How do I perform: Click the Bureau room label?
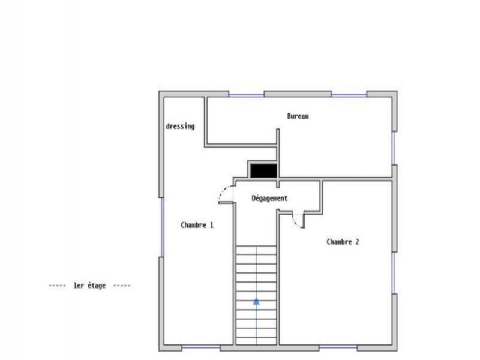pyautogui.click(x=298, y=116)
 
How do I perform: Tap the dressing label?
pyautogui.click(x=180, y=127)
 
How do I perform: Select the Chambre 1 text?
pyautogui.click(x=197, y=225)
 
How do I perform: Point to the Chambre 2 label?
pyautogui.click(x=343, y=242)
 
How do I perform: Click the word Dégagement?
pyautogui.click(x=269, y=198)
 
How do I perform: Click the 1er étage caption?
pyautogui.click(x=89, y=286)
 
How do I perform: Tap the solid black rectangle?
pyautogui.click(x=263, y=171)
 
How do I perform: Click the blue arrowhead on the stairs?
pyautogui.click(x=256, y=302)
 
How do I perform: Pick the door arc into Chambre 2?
pyautogui.click(x=296, y=223)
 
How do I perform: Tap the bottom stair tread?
pyautogui.click(x=256, y=340)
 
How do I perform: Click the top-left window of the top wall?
pyautogui.click(x=246, y=94)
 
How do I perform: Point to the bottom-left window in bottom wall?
pyautogui.click(x=200, y=347)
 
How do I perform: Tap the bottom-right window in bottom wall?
pyautogui.click(x=338, y=347)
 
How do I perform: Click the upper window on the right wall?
pyautogui.click(x=394, y=148)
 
